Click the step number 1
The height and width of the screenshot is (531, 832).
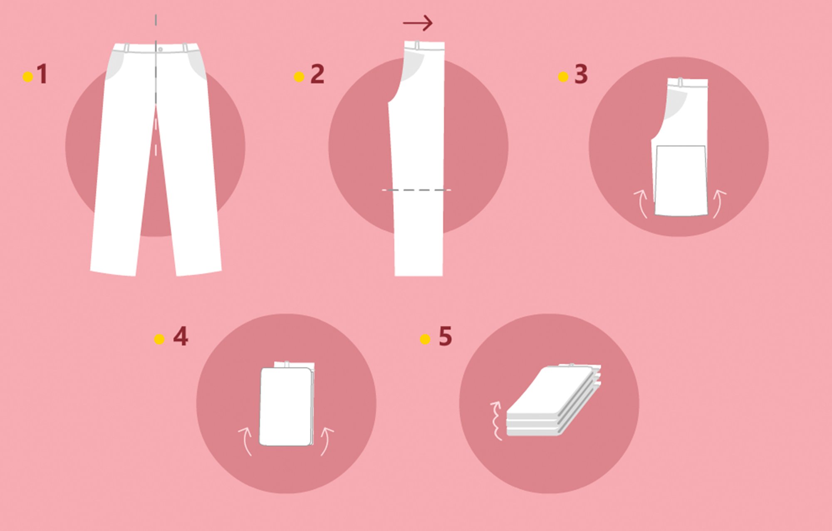(42, 74)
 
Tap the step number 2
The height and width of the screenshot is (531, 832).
(317, 74)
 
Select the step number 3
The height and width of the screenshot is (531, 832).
(581, 74)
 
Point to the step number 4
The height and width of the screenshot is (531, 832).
(181, 336)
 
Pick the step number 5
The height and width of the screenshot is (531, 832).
(445, 336)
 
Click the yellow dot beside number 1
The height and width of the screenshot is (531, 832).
(28, 77)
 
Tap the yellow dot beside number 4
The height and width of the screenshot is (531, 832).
(159, 339)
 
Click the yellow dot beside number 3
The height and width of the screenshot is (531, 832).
(563, 77)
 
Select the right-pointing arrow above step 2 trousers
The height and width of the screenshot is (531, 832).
(418, 23)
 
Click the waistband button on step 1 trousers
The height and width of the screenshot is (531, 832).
(160, 49)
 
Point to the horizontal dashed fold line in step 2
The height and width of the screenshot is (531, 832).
(416, 190)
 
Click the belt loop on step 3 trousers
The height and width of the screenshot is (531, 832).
(680, 82)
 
